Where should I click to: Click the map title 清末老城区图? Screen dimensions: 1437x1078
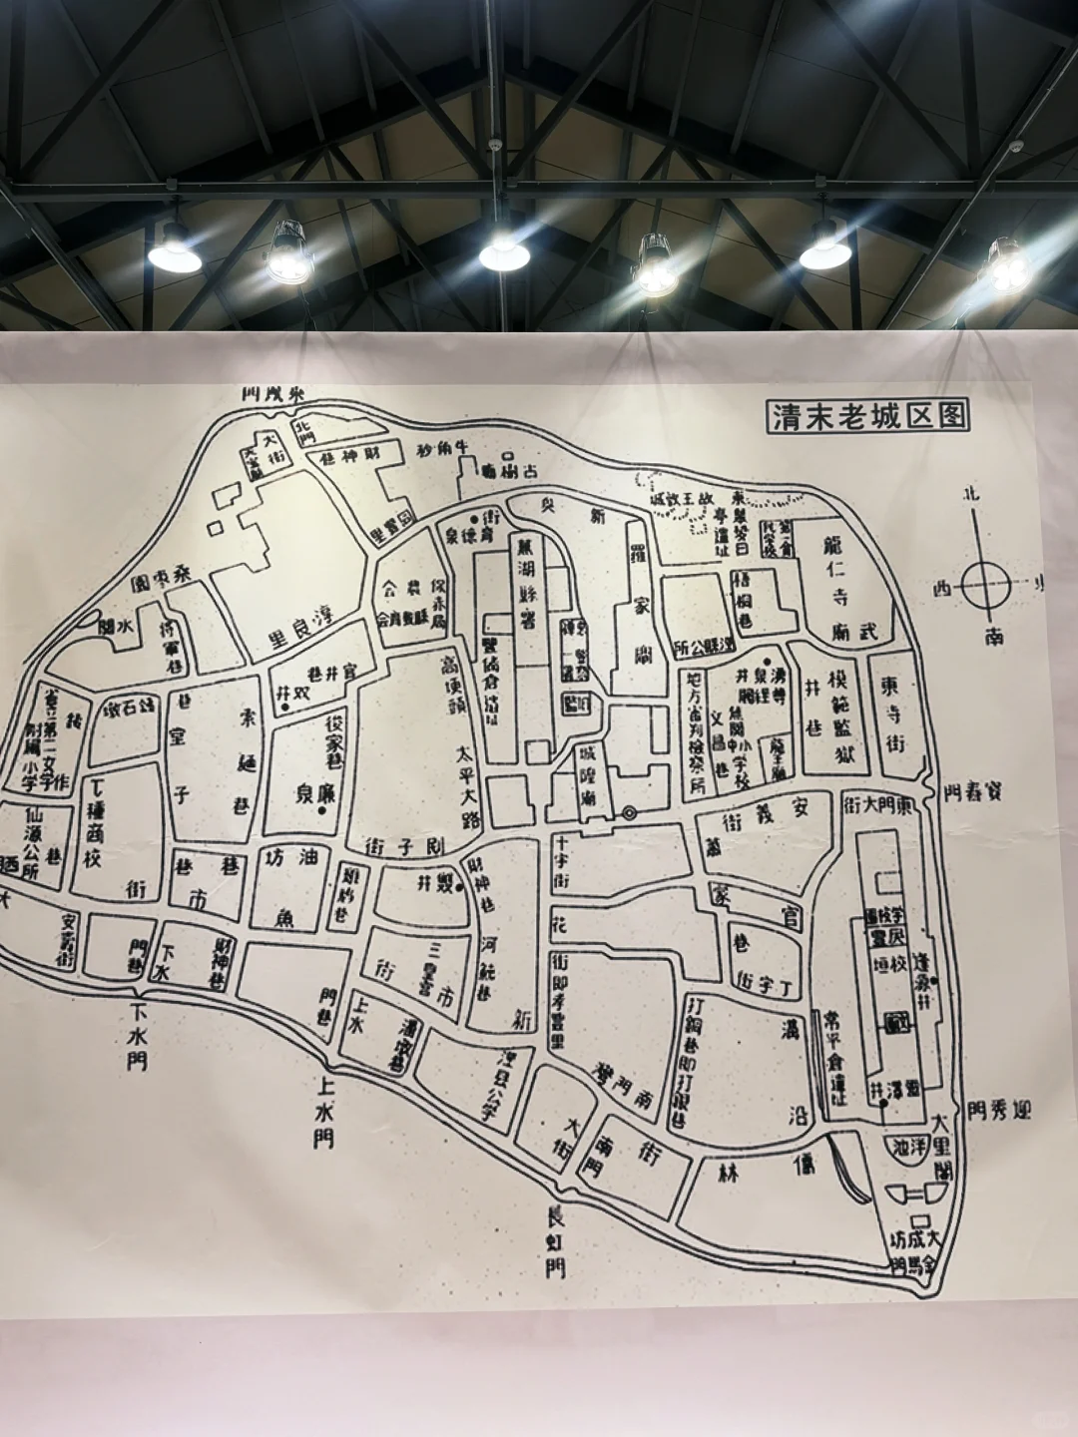coord(867,416)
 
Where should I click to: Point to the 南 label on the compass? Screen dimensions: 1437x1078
coord(994,636)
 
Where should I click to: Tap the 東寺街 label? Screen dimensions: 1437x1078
coord(892,715)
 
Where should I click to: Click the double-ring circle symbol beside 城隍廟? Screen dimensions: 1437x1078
coord(629,813)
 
